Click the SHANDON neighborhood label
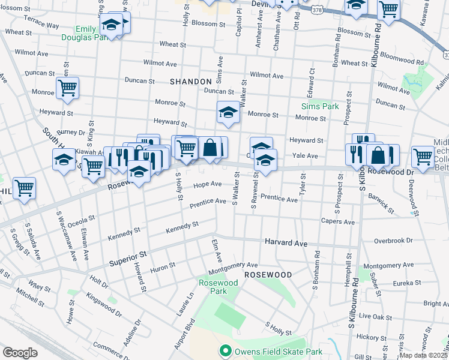[190, 82]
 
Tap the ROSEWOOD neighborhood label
[268, 275]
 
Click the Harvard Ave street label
[286, 243]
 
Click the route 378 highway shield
[316, 10]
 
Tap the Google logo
[20, 353]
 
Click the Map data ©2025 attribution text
[423, 355]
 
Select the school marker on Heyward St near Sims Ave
[228, 112]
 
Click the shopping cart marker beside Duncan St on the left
[67, 88]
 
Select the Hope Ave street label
[207, 184]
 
